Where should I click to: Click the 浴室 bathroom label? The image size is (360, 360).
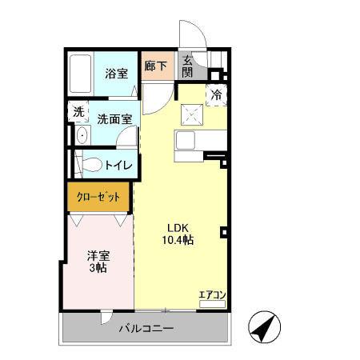coord(117,74)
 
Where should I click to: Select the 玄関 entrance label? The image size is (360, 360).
coord(186,66)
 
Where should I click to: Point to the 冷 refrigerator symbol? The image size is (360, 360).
coord(217,95)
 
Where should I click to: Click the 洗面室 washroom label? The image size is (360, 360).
coord(114,119)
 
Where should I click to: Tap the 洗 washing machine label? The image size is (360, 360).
coord(78,112)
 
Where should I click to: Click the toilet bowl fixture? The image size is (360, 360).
coord(90,166)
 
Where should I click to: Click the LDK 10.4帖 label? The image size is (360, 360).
coord(178,233)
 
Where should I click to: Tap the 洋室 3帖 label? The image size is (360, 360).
coord(98,262)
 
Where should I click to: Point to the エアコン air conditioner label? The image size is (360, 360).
coord(212,294)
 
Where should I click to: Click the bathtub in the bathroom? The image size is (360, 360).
coord(81,74)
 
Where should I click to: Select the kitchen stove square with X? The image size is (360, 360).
coord(192,115)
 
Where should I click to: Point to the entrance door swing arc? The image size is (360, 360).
coord(190,35)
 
